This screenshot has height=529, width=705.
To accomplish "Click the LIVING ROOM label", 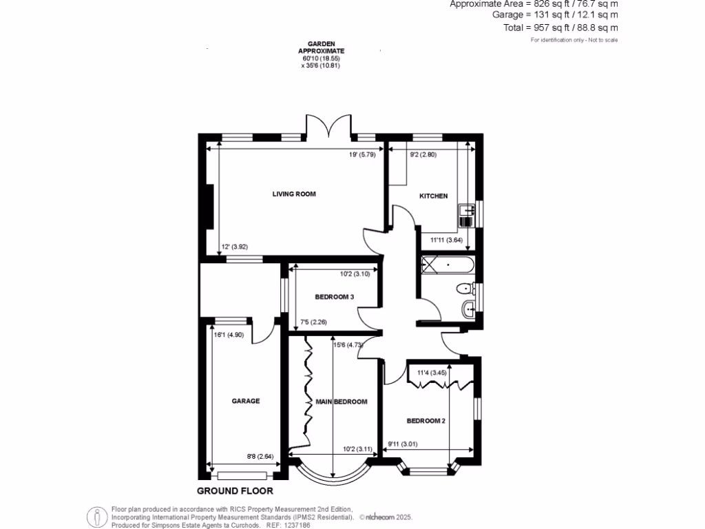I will [294, 194].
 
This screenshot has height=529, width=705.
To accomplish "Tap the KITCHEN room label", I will [434, 196].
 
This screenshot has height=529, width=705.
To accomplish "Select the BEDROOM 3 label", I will [335, 298].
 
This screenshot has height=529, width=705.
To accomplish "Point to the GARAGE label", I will [245, 401].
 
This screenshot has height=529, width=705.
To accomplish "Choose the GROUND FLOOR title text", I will [235, 492].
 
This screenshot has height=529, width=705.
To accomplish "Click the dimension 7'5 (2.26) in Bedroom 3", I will [313, 322].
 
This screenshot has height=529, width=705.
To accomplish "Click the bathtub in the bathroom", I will [448, 264].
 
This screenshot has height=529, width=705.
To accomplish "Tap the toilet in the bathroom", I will [466, 288].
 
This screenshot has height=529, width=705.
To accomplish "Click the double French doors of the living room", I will [329, 129].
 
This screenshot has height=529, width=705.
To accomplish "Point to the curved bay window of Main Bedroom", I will [332, 474].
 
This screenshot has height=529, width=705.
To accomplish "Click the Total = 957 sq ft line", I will [560, 28].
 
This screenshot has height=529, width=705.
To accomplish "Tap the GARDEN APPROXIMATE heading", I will [321, 47].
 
